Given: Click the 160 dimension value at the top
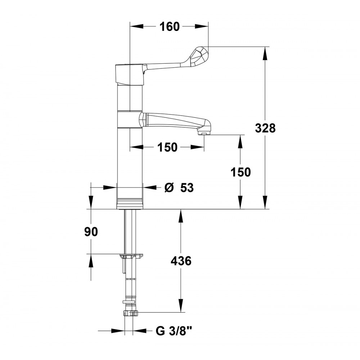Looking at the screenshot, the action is tap(170, 27).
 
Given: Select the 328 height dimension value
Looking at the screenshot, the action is tap(265, 128).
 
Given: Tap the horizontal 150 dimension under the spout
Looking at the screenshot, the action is tap(167, 147).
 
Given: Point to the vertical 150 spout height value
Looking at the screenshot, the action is tap(240, 172).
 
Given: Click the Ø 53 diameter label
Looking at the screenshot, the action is tap(179, 188).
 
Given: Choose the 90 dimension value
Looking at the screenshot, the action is tap(91, 232).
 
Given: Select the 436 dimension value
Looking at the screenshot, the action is tap(181, 261).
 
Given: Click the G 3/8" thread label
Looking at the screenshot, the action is tap(174, 331).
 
